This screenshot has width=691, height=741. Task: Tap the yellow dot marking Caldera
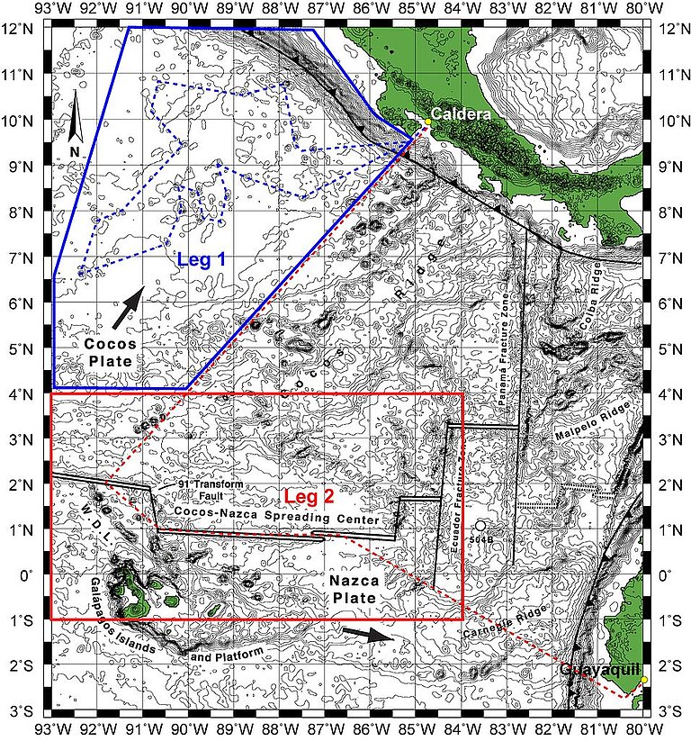(428, 122)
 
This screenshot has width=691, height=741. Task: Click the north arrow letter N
(74, 152)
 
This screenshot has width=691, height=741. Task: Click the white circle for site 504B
(482, 525)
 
